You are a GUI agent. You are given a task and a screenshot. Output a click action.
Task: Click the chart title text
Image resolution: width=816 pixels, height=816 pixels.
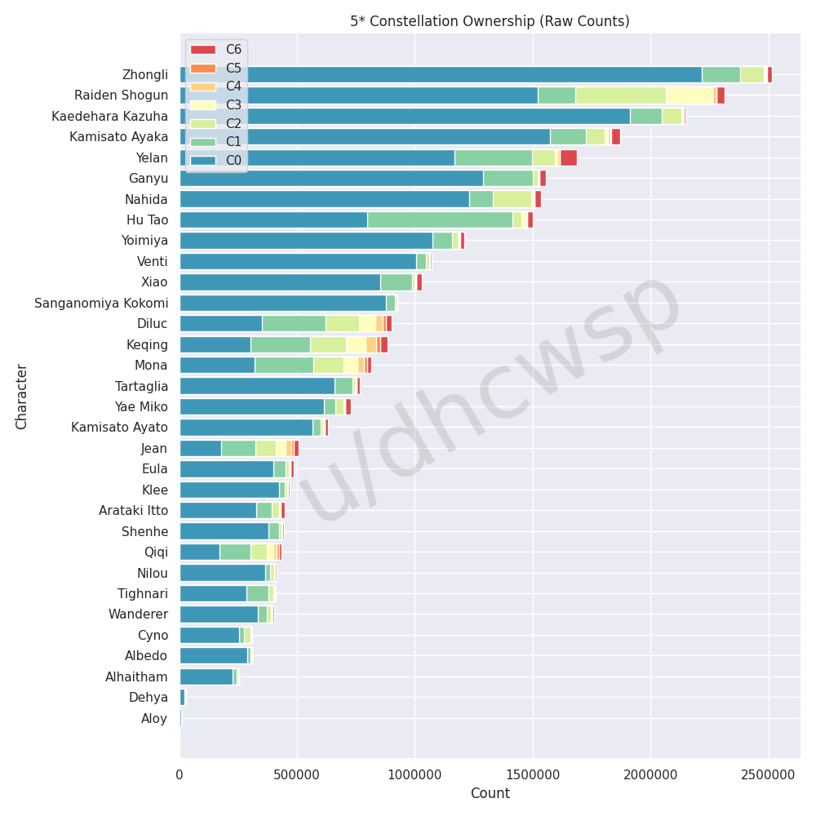tap(490, 21)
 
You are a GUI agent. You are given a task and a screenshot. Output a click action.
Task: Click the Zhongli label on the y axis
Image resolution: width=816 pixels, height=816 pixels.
tap(144, 75)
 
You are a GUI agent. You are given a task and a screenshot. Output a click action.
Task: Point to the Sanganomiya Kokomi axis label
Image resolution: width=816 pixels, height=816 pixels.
tap(101, 304)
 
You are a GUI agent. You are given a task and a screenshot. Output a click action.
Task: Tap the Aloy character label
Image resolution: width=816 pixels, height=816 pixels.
tap(154, 718)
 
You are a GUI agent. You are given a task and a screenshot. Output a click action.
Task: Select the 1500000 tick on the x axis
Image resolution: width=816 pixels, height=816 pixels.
tap(533, 773)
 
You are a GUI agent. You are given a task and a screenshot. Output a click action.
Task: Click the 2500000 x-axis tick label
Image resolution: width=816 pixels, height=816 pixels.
tap(768, 773)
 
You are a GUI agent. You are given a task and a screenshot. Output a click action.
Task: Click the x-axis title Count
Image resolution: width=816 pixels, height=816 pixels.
tap(490, 793)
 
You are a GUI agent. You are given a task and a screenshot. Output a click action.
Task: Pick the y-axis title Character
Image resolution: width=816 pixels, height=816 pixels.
tap(22, 397)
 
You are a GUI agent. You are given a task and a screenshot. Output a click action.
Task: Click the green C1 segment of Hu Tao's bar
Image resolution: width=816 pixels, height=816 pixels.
tap(440, 220)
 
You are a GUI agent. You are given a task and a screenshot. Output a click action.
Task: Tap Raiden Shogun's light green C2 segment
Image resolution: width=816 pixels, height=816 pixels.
tap(620, 95)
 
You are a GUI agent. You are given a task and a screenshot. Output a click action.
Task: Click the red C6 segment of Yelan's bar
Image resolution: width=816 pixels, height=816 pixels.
tap(568, 157)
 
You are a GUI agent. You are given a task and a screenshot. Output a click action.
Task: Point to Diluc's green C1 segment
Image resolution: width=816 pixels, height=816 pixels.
tap(294, 324)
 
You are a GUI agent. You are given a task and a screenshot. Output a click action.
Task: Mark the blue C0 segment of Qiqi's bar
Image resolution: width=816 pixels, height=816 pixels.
tap(200, 552)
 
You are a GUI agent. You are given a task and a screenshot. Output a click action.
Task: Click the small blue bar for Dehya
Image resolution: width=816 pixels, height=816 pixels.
tap(183, 698)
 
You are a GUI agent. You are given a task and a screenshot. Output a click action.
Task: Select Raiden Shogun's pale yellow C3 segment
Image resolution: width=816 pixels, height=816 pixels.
tap(690, 95)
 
